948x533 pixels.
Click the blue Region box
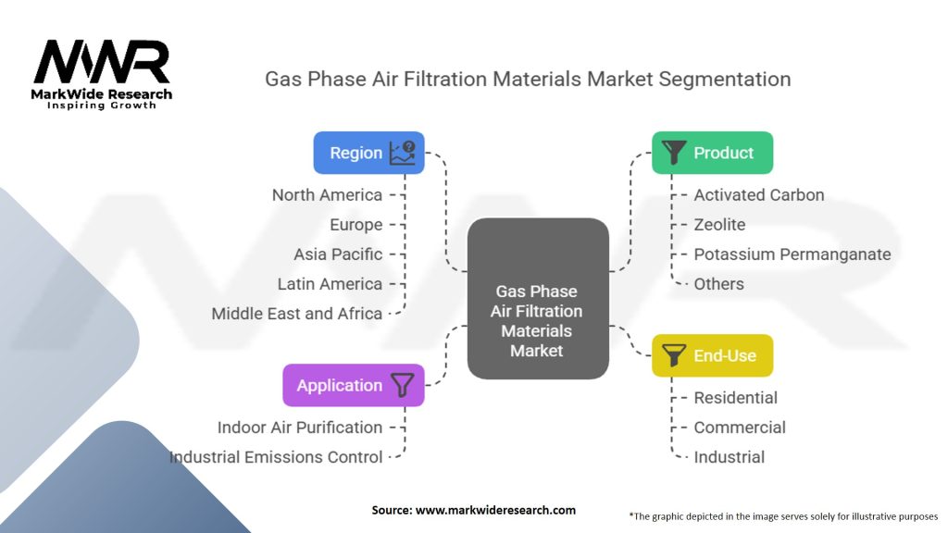click(x=368, y=153)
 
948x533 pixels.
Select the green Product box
click(x=712, y=153)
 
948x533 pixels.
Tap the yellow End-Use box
click(x=712, y=355)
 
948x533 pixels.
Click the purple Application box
click(x=353, y=385)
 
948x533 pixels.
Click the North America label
click(x=327, y=194)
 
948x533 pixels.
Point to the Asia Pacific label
click(x=338, y=254)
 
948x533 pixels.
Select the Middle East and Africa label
click(x=296, y=313)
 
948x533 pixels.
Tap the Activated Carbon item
click(x=759, y=194)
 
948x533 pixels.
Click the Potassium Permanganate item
click(x=792, y=254)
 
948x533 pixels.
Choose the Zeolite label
click(x=719, y=224)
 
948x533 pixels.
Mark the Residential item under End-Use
click(x=736, y=397)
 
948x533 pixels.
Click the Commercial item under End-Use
click(x=740, y=427)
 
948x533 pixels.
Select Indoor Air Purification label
click(x=299, y=427)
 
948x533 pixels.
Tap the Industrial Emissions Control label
click(x=276, y=456)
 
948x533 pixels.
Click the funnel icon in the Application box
click(x=402, y=385)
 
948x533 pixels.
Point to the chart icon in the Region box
click(x=403, y=153)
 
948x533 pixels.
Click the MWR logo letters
click(x=102, y=63)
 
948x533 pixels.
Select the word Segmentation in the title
click(x=725, y=79)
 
